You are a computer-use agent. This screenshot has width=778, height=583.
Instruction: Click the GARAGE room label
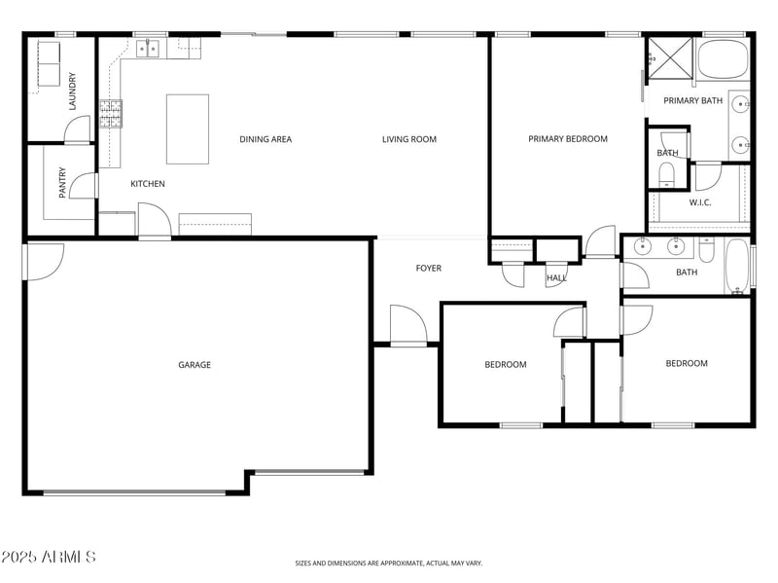click(194, 365)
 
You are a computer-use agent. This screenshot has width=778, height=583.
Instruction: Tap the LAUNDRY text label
click(72, 91)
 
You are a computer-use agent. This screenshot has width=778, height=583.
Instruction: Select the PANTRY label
click(62, 183)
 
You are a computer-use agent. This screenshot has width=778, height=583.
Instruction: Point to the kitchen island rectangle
click(188, 129)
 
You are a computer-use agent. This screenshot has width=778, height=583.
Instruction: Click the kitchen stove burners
click(111, 114)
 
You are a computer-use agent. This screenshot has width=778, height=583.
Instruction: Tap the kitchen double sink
click(148, 49)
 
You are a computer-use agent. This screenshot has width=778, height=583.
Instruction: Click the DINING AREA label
click(265, 139)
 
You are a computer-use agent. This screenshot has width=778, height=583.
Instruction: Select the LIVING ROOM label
click(409, 139)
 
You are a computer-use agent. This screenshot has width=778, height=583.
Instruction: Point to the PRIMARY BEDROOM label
click(568, 138)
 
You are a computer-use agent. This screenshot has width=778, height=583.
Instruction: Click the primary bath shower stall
click(670, 58)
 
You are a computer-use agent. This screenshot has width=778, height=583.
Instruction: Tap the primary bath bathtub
click(723, 59)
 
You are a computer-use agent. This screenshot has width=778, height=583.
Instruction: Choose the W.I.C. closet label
click(700, 202)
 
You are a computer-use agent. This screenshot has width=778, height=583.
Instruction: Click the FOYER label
click(429, 269)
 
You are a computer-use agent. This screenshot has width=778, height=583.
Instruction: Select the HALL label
click(556, 277)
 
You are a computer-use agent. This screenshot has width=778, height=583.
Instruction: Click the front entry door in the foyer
click(408, 324)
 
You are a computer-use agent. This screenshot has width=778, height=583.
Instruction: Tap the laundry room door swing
click(78, 129)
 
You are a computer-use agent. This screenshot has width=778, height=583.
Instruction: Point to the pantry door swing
click(84, 186)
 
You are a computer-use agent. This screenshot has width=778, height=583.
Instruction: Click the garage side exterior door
click(44, 262)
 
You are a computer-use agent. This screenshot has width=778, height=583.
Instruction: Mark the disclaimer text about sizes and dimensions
click(388, 564)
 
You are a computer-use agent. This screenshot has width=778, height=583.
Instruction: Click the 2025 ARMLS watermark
click(48, 556)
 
